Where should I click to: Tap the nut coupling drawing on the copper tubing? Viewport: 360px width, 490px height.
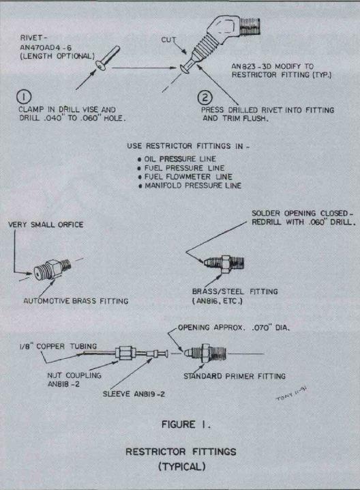125,354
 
